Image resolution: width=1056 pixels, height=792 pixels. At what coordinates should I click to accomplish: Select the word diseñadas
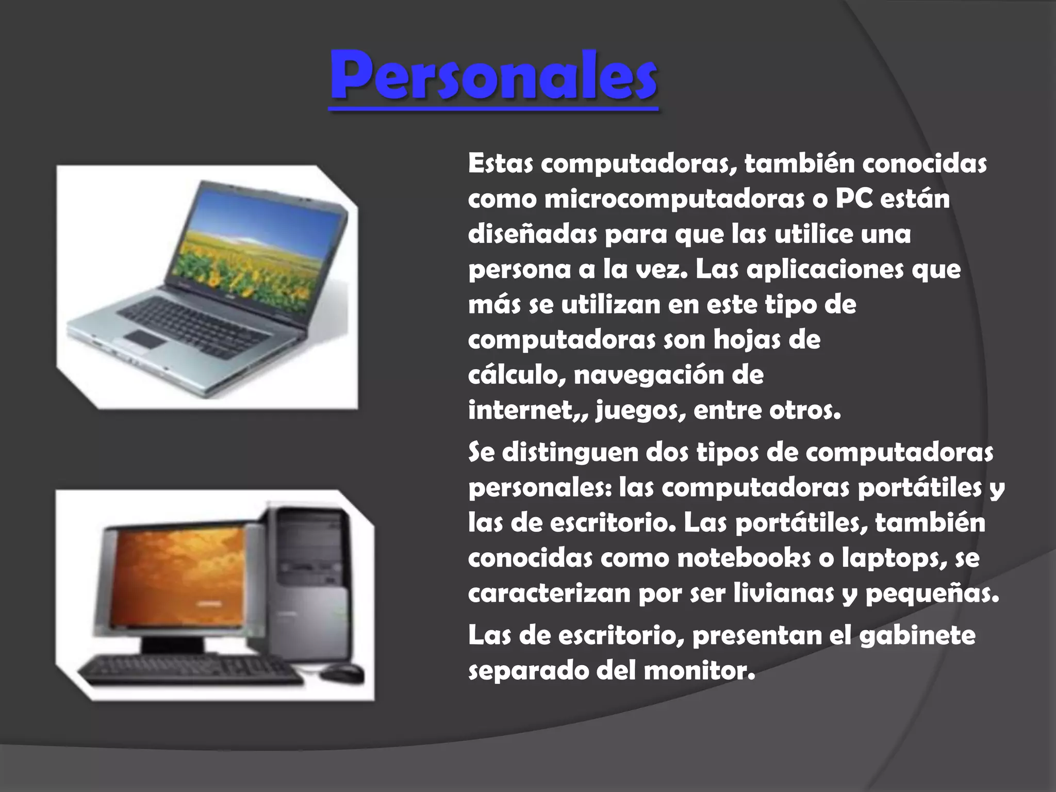532,235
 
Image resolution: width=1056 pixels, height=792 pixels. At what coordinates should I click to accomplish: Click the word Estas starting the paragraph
500,164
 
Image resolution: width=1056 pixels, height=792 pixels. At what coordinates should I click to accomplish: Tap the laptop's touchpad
145,338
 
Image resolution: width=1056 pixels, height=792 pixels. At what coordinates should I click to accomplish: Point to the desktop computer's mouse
341,672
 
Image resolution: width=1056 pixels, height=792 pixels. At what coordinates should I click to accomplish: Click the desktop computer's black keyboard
191,670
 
